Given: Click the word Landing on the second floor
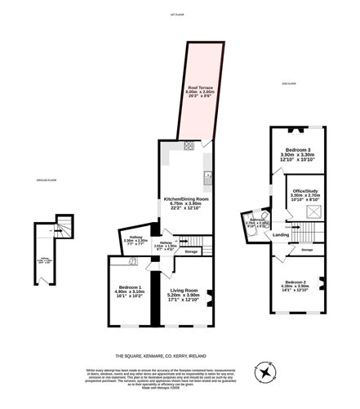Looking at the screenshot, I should click(281, 235).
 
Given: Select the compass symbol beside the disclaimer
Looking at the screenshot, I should click(266, 372).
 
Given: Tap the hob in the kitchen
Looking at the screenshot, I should click(189, 146).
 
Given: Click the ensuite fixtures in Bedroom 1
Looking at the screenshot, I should click(133, 261).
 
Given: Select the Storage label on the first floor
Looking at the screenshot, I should click(191, 252).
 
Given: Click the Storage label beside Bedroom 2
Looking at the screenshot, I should click(306, 249).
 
